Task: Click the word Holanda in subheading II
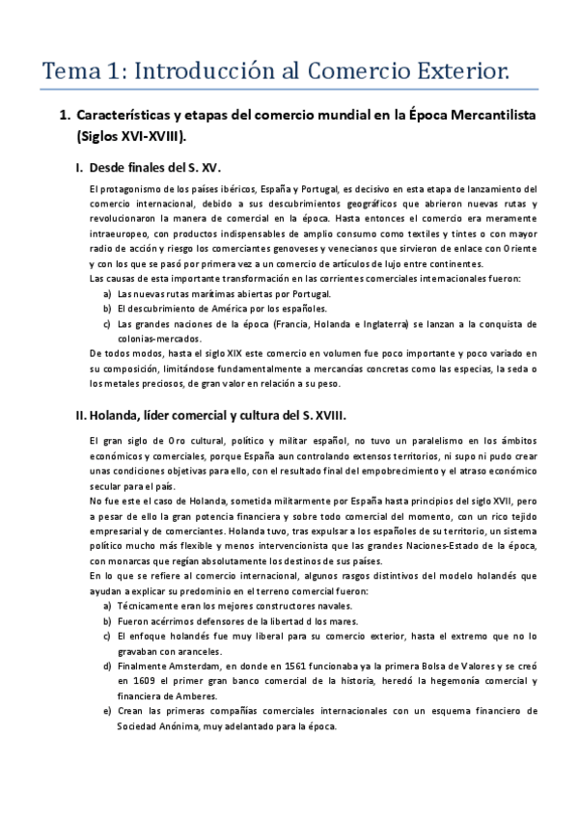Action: tap(122, 415)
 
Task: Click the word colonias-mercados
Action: tap(159, 339)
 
